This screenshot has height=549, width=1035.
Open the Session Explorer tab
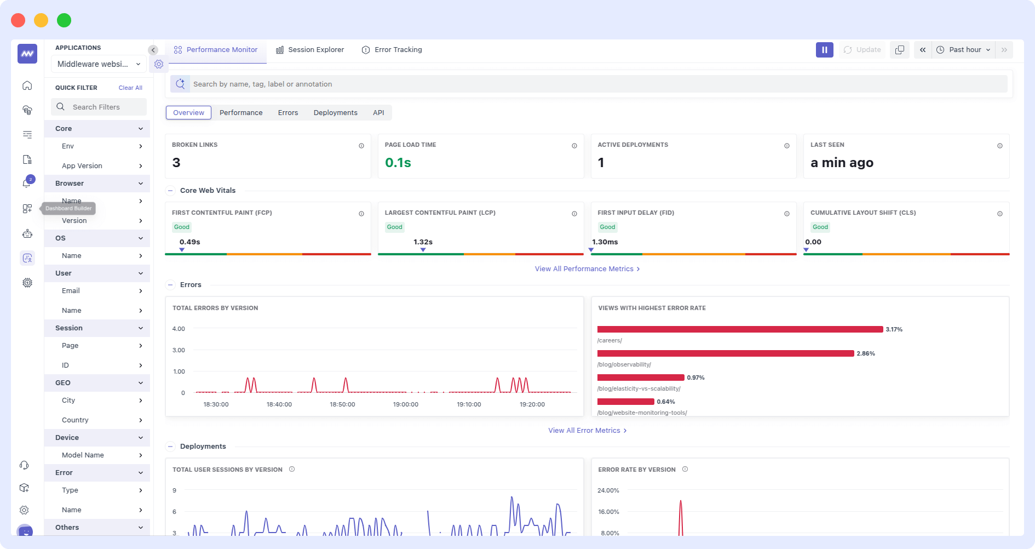coord(310,50)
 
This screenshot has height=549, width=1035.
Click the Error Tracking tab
coord(392,50)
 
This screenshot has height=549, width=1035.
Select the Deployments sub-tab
coord(335,113)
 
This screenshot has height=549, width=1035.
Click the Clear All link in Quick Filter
coord(130,88)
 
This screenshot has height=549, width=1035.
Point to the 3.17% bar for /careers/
coord(739,329)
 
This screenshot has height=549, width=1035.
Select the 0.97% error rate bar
coord(641,378)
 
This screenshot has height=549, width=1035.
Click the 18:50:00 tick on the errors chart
coord(342,404)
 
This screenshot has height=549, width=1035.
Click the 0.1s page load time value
coord(398,163)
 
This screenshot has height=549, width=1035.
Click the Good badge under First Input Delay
coord(607,227)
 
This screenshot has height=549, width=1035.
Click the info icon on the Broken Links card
coord(361,146)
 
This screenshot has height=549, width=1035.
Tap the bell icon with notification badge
coord(27,184)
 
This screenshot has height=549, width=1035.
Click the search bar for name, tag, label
coord(597,84)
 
